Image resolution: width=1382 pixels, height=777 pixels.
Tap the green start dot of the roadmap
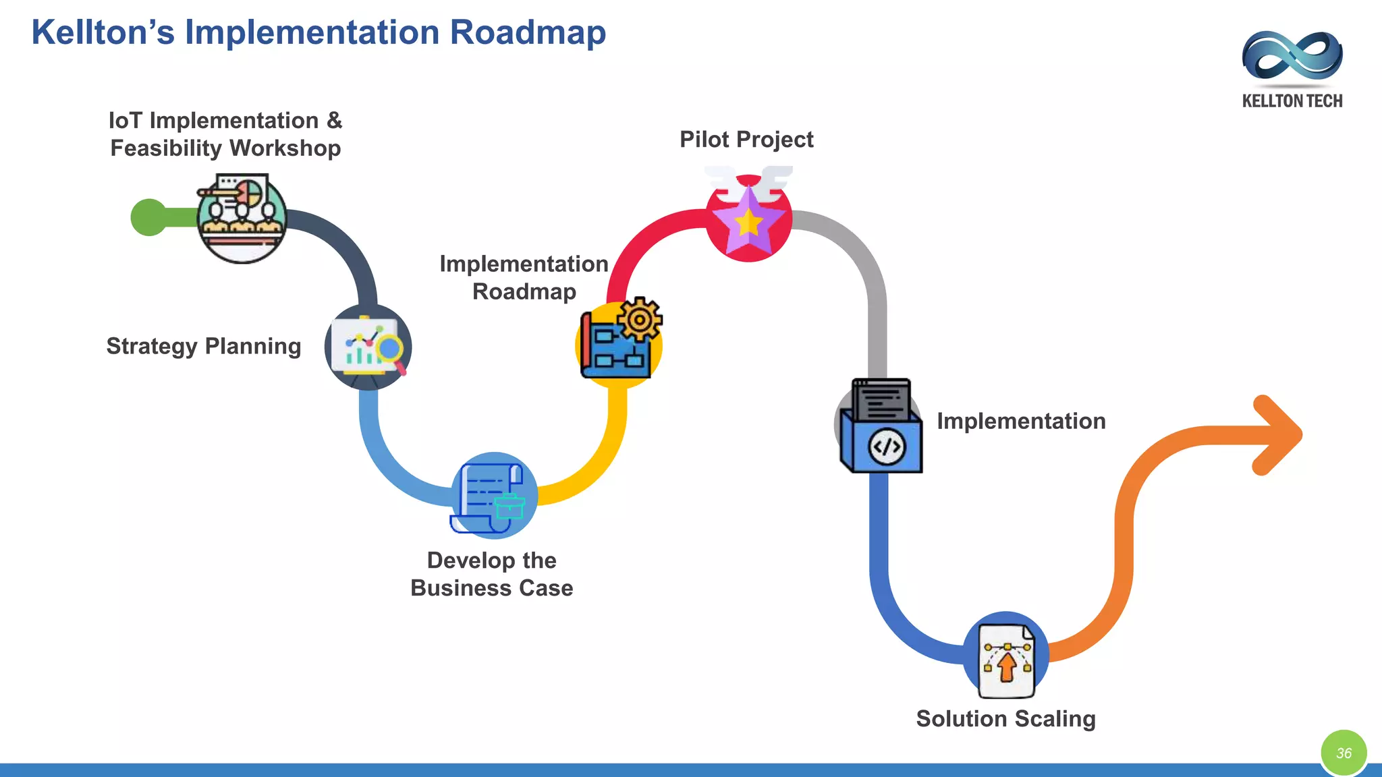pyautogui.click(x=149, y=217)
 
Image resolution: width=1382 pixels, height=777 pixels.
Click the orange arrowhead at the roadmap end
pyautogui.click(x=1277, y=435)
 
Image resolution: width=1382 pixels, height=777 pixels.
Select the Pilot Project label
pyautogui.click(x=746, y=140)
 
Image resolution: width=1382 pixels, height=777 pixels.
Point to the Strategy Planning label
pyautogui.click(x=203, y=346)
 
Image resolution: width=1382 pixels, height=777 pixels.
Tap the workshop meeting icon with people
pyautogui.click(x=242, y=217)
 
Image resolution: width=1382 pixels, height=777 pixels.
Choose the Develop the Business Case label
pyautogui.click(x=491, y=574)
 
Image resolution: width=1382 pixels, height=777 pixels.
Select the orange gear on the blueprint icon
pyautogui.click(x=640, y=319)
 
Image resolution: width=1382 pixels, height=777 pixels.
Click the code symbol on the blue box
pyautogui.click(x=886, y=447)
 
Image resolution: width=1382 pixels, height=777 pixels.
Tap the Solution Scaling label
pyautogui.click(x=1005, y=719)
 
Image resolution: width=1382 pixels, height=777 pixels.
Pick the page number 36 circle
pyautogui.click(x=1344, y=753)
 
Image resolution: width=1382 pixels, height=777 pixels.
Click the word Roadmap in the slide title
pyautogui.click(x=528, y=32)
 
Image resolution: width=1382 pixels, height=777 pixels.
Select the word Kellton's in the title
pyautogui.click(x=103, y=32)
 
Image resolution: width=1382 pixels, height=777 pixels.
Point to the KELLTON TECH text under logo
pyautogui.click(x=1292, y=101)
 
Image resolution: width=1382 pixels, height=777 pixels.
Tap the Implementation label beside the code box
pyautogui.click(x=1021, y=422)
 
